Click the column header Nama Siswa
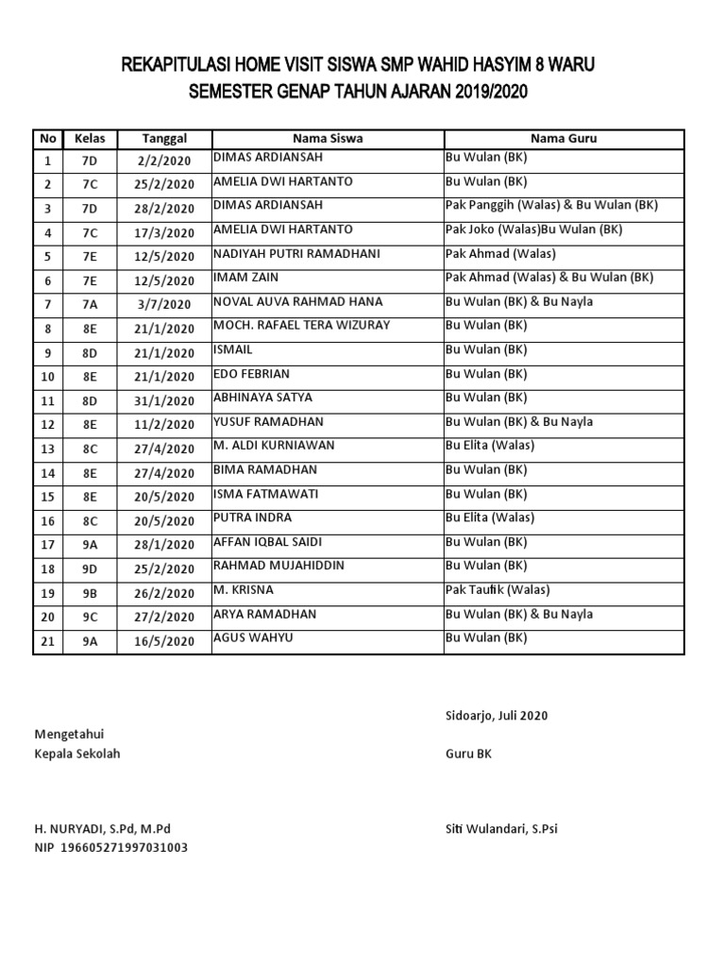coord(328,138)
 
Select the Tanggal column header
coord(164,138)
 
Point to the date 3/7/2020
coord(164,304)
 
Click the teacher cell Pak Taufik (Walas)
coord(497,590)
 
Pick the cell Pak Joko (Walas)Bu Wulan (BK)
coord(534,229)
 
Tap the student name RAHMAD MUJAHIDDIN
coord(278,566)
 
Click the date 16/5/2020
coord(164,641)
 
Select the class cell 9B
coord(90,593)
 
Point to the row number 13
coord(47,449)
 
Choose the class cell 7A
coord(90,304)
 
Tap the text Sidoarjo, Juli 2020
coord(497,716)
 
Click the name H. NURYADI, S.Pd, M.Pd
coord(103,829)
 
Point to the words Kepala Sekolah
coord(77,754)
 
